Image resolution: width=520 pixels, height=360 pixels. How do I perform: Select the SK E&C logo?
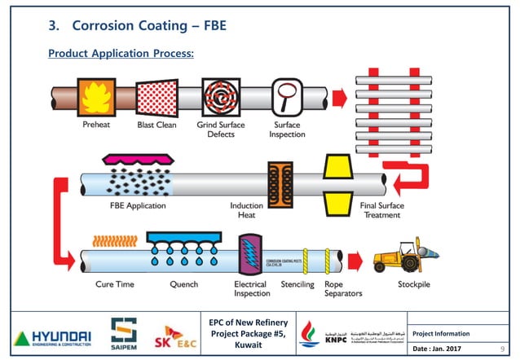click(x=181, y=334)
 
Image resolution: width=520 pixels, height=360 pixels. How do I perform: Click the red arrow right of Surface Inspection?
click(x=340, y=98)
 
